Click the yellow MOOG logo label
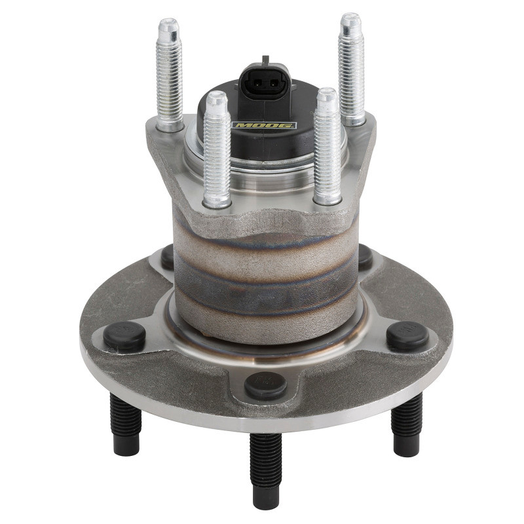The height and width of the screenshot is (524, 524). click(265, 124)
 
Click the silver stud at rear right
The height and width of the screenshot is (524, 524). click(352, 69)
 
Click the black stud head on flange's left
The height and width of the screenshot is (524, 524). click(124, 336)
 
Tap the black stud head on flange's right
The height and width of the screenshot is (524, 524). click(407, 335)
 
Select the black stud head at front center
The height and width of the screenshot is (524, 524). click(265, 385)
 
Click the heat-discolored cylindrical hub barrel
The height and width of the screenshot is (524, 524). click(265, 275)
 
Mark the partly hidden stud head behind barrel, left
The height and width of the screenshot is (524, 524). click(168, 257)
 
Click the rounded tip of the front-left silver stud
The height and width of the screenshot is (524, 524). click(217, 98)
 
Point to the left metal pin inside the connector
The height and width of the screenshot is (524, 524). click(258, 83)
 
